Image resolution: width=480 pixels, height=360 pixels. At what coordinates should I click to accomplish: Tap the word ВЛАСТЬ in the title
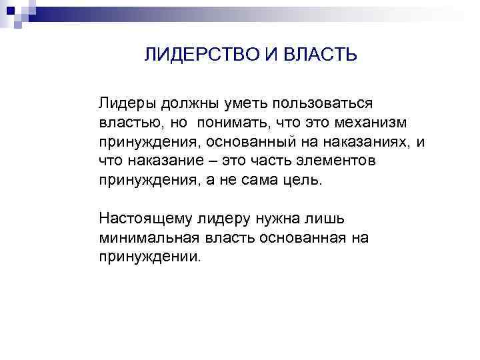point(320,55)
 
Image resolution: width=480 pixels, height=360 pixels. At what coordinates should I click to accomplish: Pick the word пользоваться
point(319,104)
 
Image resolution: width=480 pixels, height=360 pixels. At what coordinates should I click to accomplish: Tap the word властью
point(129,123)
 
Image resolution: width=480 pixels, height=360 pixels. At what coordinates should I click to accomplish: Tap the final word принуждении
point(149,256)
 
